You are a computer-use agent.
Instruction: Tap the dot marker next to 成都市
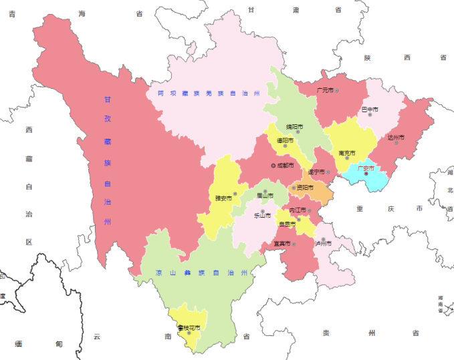tap(273, 165)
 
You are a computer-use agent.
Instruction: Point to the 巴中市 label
tap(370, 109)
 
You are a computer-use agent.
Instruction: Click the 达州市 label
tap(396, 138)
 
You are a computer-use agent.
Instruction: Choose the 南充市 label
tap(347, 153)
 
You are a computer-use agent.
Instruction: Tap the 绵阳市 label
tap(294, 126)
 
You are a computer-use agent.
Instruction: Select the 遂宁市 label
tap(316, 172)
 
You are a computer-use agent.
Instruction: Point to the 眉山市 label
tap(265, 196)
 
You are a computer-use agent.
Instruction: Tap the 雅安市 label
tap(223, 198)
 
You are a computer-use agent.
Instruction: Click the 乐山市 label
tap(262, 215)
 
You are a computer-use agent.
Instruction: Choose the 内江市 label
tap(298, 210)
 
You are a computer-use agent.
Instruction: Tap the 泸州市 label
tap(323, 243)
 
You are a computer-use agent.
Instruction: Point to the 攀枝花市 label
tap(190, 327)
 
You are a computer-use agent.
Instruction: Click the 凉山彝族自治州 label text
tap(201, 273)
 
